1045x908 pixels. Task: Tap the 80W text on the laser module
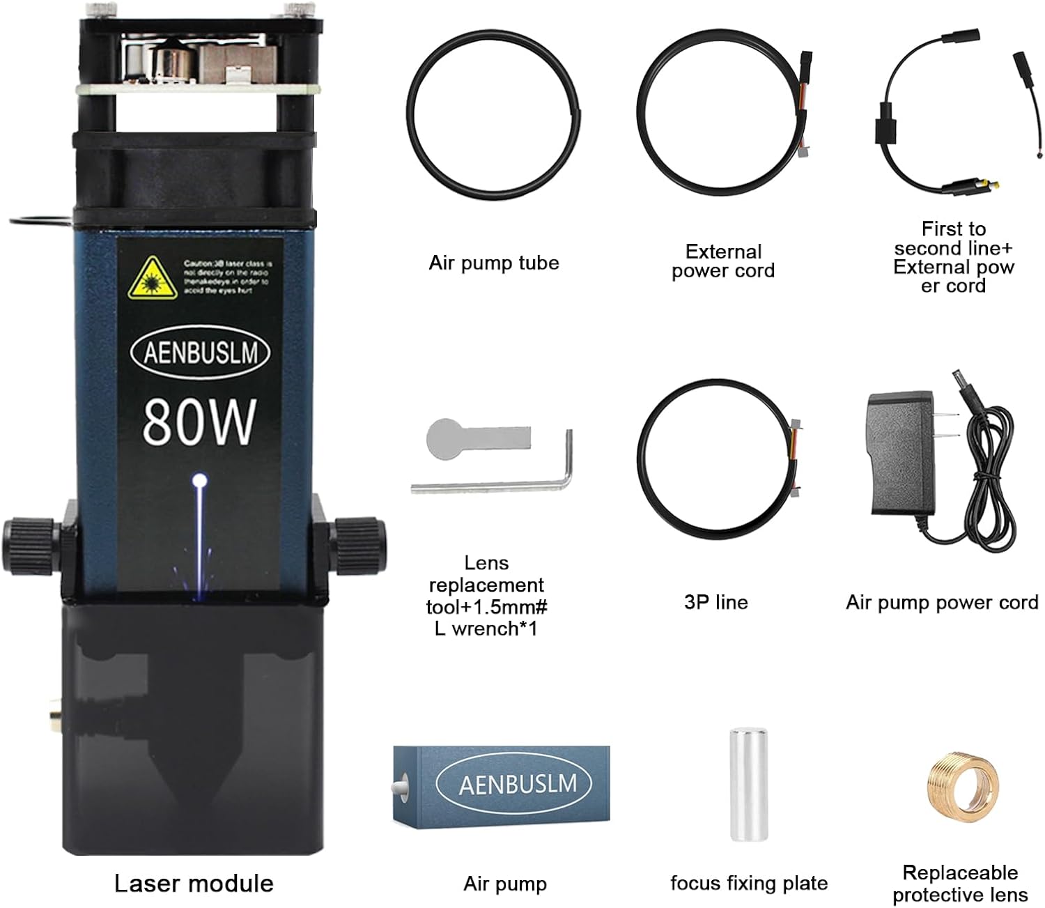click(x=199, y=422)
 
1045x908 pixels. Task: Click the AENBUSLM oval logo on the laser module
click(x=199, y=352)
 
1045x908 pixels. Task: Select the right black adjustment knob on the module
click(x=359, y=544)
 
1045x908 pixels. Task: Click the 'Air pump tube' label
click(x=493, y=263)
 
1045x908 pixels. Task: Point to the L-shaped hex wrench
click(x=492, y=480)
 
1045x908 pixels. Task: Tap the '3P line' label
click(x=715, y=602)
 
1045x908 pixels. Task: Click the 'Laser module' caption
click(x=194, y=884)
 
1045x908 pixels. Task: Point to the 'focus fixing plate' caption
click(x=749, y=884)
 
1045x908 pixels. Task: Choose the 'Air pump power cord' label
click(x=942, y=602)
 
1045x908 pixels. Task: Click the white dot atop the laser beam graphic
click(x=200, y=480)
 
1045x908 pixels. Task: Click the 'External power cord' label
click(x=723, y=261)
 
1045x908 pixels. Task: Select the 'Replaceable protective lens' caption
click(x=960, y=884)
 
